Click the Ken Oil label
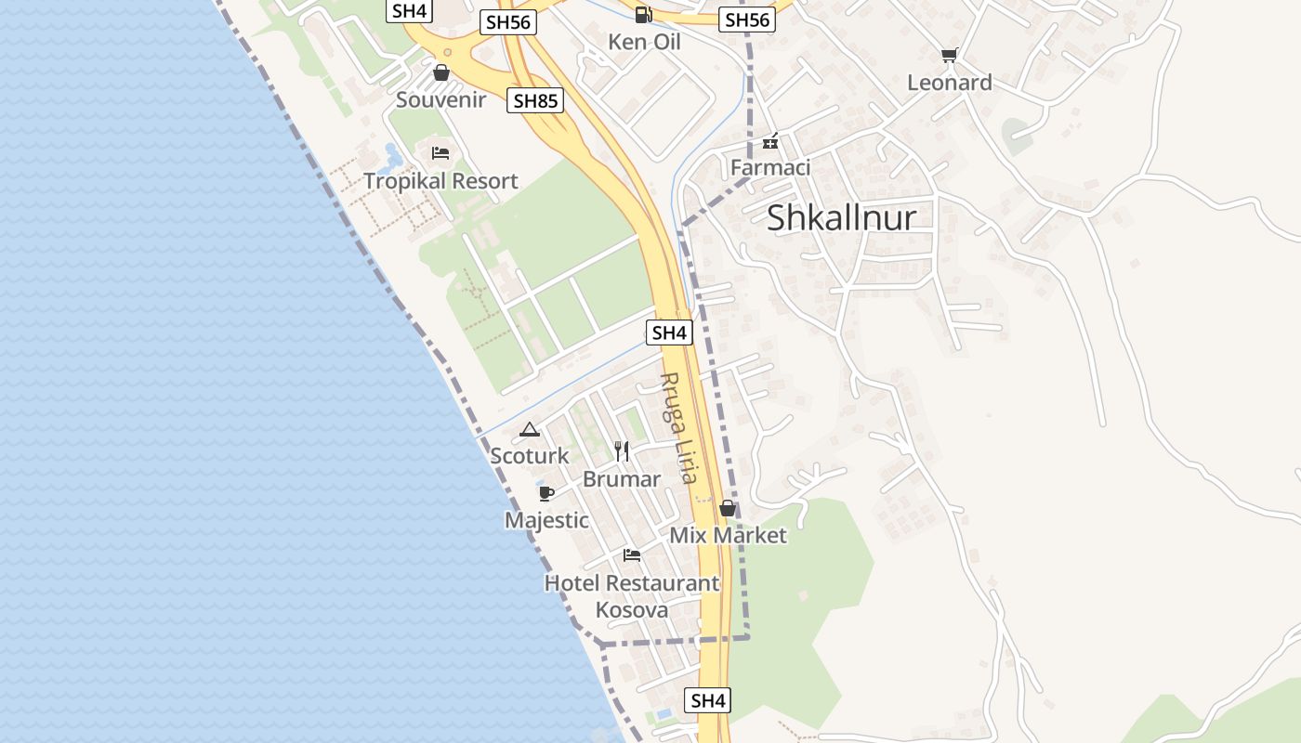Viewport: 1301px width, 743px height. point(644,42)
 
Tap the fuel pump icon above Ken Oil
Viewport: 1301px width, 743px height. point(643,15)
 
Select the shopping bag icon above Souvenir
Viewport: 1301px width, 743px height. point(441,72)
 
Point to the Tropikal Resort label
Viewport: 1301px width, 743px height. point(440,180)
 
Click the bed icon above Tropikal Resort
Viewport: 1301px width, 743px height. point(440,152)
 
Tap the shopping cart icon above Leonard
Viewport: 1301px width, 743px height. point(949,56)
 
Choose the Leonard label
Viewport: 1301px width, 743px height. point(949,83)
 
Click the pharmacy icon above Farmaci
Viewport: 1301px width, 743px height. point(770,142)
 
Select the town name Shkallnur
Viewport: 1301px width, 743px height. point(841,217)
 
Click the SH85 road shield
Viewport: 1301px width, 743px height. point(536,100)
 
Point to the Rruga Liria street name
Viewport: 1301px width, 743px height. point(677,427)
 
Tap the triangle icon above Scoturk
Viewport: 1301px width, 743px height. point(530,429)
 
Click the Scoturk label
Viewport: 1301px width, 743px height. point(530,456)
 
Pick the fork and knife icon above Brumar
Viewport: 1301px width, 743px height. point(622,451)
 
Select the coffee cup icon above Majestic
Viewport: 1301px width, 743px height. point(546,493)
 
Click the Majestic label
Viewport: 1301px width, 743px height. point(546,520)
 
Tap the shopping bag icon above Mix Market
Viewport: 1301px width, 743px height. point(728,508)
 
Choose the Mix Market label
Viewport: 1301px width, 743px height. point(728,535)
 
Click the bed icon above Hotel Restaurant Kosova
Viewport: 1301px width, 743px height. point(632,555)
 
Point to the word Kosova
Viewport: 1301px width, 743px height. point(632,610)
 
